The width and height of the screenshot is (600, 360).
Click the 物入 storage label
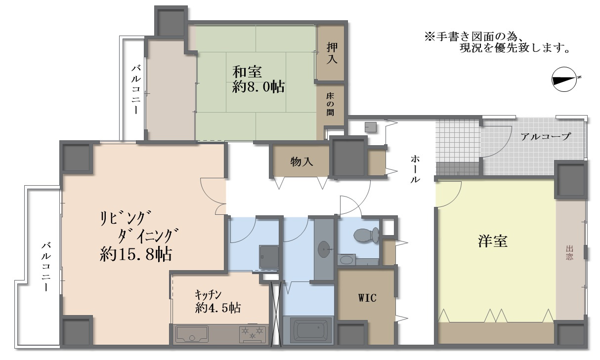coord(301,161)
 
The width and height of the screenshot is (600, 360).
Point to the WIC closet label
coord(367,298)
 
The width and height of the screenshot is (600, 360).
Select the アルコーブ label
coord(546,137)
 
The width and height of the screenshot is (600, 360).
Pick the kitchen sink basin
coord(193,334)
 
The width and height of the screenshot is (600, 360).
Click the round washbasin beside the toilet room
coord(325,248)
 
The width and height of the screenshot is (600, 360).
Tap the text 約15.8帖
coord(135,254)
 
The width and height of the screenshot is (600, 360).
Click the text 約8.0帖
coord(258,87)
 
